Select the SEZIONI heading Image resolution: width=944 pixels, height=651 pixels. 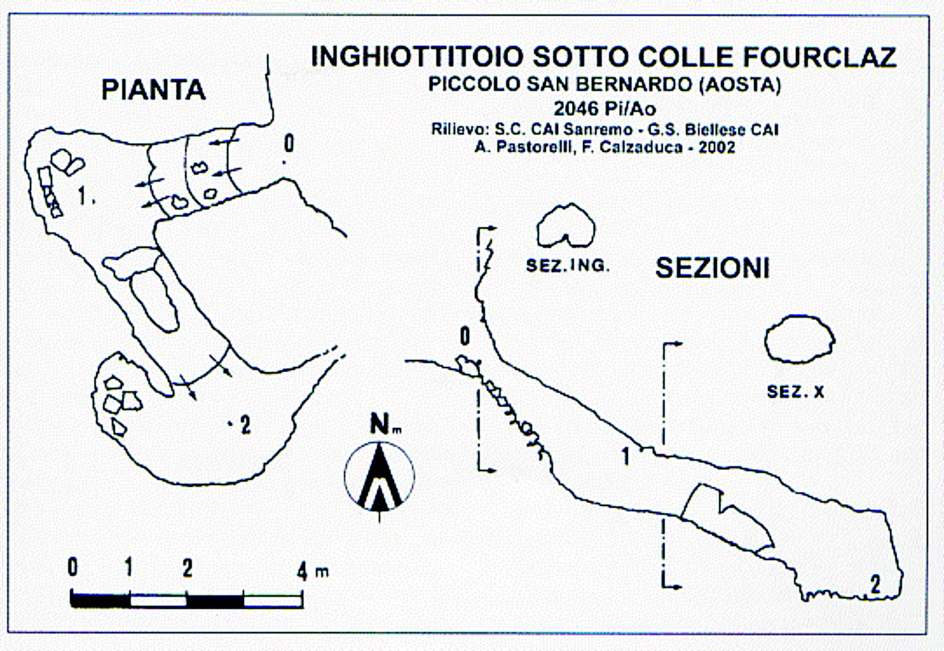712,268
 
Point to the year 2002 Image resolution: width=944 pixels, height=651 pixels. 717,147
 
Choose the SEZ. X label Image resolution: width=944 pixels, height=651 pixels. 795,392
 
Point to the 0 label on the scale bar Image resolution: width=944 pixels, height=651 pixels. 73,567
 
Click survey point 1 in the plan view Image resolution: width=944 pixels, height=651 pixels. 83,196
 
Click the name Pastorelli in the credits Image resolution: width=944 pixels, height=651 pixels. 536,147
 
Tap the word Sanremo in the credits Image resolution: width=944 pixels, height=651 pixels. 594,130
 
